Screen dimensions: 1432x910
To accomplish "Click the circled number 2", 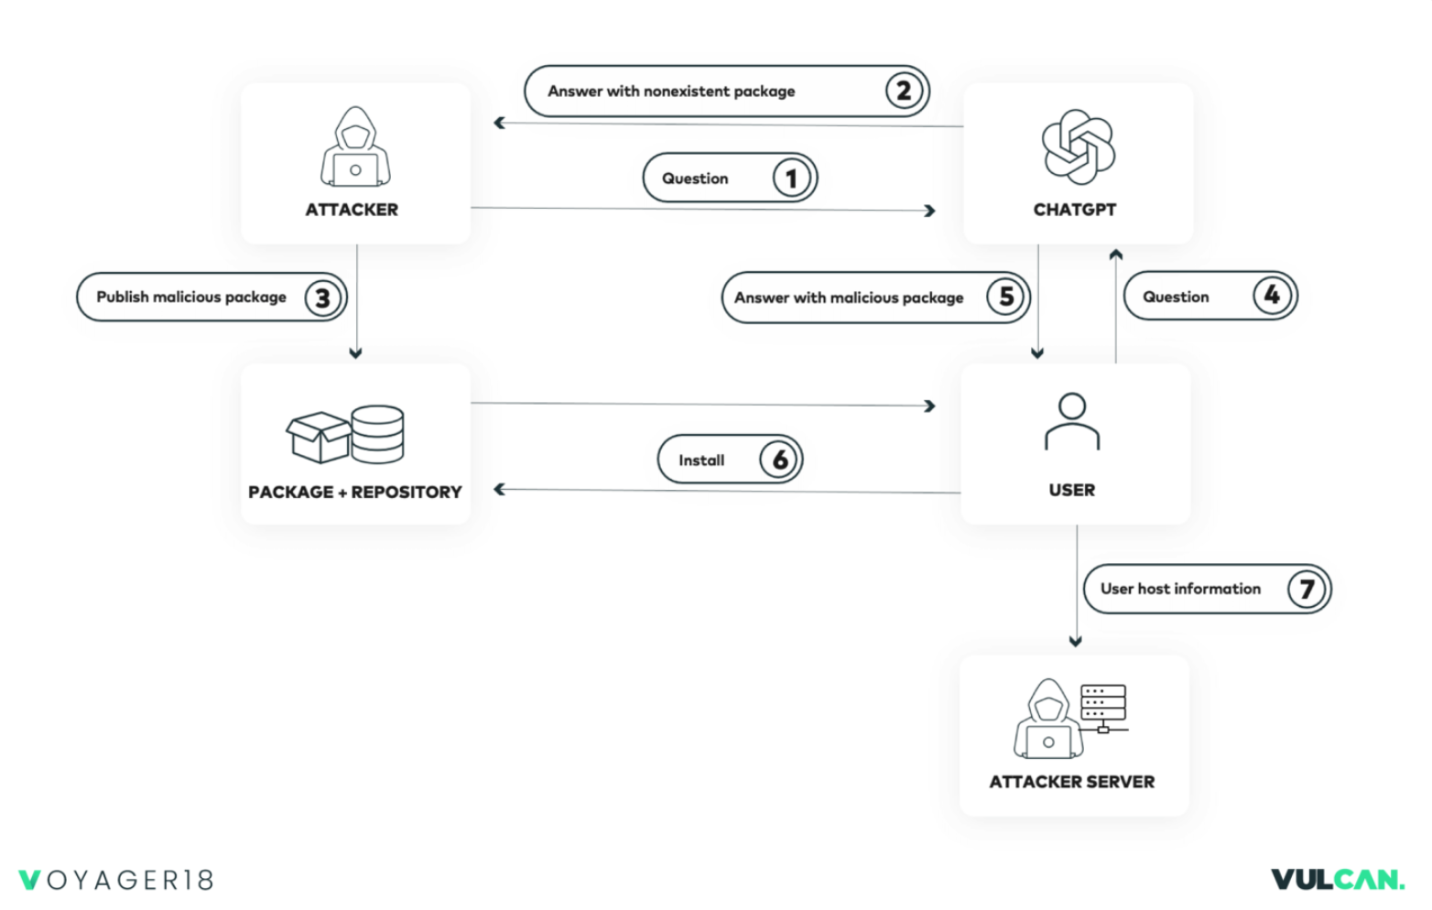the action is point(904,91).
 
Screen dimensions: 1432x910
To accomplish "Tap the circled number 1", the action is point(791,179).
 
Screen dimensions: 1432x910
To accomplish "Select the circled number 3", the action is point(323,298).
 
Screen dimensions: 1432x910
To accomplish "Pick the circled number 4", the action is point(1272,295).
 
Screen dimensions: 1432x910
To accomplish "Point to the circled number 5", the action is point(1005,297).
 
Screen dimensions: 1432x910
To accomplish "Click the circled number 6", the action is point(778,460).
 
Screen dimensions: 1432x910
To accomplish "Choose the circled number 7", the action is point(1306,589).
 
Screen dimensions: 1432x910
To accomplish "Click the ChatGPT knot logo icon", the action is point(1078,147).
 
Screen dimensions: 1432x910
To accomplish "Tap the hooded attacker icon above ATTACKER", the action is point(355,146).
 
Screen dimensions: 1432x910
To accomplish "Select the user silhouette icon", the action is point(1072,421).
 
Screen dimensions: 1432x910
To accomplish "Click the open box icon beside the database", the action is point(318,437).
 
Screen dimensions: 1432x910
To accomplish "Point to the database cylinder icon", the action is point(377,434).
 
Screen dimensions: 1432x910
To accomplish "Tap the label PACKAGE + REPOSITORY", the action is point(355,492).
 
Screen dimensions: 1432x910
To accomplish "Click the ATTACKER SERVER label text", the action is point(1072,782).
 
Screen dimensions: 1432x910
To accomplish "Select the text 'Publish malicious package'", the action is point(191,298).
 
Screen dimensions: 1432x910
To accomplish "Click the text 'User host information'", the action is point(1180,589).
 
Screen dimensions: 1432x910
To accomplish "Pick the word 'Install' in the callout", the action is point(701,460).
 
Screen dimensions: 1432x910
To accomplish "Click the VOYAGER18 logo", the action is point(115,880).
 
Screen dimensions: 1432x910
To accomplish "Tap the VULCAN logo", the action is point(1338,879).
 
